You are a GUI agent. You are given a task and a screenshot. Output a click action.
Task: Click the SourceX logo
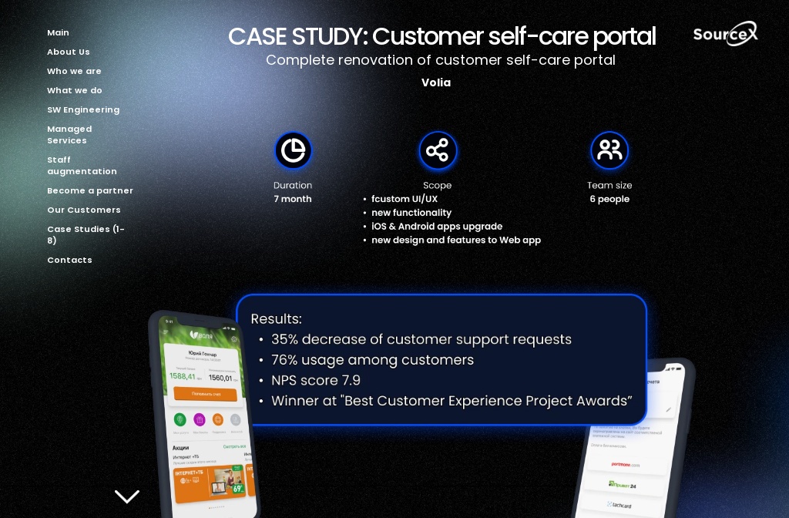[x=725, y=34]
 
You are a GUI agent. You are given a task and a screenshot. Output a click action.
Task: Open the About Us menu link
[x=69, y=52]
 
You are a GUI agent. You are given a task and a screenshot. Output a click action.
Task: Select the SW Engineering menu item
[x=83, y=109]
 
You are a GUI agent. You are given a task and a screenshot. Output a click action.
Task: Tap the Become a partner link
[x=90, y=190]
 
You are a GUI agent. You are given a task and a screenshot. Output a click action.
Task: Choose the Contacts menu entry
[x=69, y=260]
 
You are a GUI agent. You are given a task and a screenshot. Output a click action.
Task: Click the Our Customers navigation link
[x=84, y=210]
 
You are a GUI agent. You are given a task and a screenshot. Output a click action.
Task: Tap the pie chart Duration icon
[x=293, y=150]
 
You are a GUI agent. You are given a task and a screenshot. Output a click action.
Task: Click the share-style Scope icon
[x=438, y=150]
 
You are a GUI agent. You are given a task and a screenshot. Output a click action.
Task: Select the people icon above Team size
[x=609, y=150]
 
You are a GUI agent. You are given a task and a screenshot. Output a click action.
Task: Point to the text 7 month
[x=293, y=199]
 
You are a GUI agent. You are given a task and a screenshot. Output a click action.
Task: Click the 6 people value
[x=609, y=199]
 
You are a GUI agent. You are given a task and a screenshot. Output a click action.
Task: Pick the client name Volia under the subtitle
[x=436, y=82]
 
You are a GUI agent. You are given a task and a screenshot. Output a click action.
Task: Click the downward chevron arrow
[x=127, y=496]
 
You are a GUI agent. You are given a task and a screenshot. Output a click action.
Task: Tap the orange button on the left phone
[x=205, y=394]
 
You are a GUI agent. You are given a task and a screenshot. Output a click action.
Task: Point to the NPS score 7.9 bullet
[x=316, y=381]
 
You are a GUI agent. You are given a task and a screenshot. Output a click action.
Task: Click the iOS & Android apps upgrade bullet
[x=437, y=227]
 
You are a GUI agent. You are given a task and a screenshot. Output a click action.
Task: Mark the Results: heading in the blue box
[x=276, y=319]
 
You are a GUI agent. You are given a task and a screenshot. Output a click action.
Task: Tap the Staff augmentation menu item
[x=82, y=166]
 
